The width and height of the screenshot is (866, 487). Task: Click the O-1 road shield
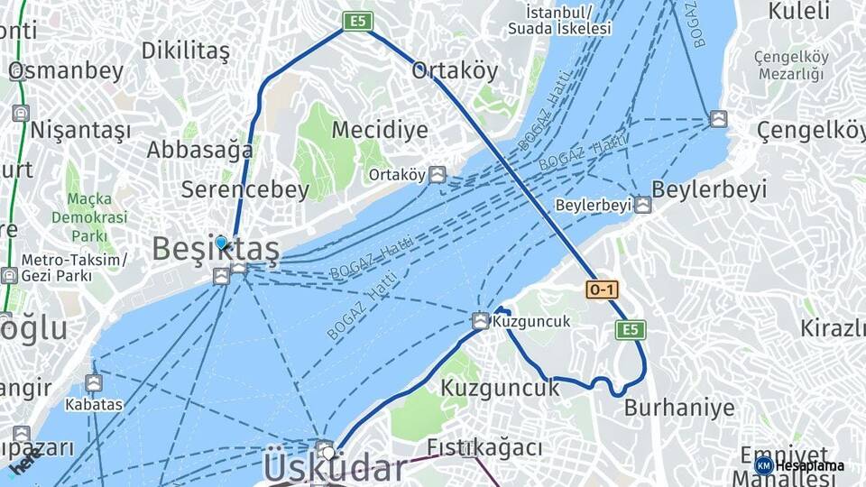pyautogui.click(x=602, y=289)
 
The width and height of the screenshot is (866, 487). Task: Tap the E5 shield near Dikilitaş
pyautogui.click(x=358, y=21)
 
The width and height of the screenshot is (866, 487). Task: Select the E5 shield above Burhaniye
pyautogui.click(x=631, y=330)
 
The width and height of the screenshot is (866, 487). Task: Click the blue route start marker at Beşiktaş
pyautogui.click(x=221, y=242)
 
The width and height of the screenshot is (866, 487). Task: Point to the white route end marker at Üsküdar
pyautogui.click(x=329, y=452)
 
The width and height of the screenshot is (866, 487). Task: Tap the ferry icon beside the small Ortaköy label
pyautogui.click(x=438, y=174)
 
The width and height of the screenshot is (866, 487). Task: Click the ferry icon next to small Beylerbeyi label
pyautogui.click(x=642, y=205)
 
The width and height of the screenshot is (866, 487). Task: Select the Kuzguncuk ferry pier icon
pyautogui.click(x=481, y=321)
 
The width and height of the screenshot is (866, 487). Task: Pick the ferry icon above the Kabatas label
pyautogui.click(x=94, y=383)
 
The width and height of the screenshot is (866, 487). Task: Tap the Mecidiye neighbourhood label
pyautogui.click(x=380, y=130)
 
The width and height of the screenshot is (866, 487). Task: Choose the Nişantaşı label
pyautogui.click(x=80, y=131)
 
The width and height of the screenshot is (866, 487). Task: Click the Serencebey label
pyautogui.click(x=244, y=189)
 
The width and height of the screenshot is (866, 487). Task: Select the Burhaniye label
pyautogui.click(x=679, y=408)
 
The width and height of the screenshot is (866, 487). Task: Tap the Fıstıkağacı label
pyautogui.click(x=484, y=447)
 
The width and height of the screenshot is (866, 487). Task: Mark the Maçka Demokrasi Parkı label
pyautogui.click(x=89, y=217)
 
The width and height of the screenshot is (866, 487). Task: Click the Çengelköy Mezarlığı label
pyautogui.click(x=791, y=66)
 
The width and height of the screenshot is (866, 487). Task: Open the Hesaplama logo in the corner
pyautogui.click(x=799, y=465)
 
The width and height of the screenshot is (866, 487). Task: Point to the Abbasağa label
pyautogui.click(x=199, y=150)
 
